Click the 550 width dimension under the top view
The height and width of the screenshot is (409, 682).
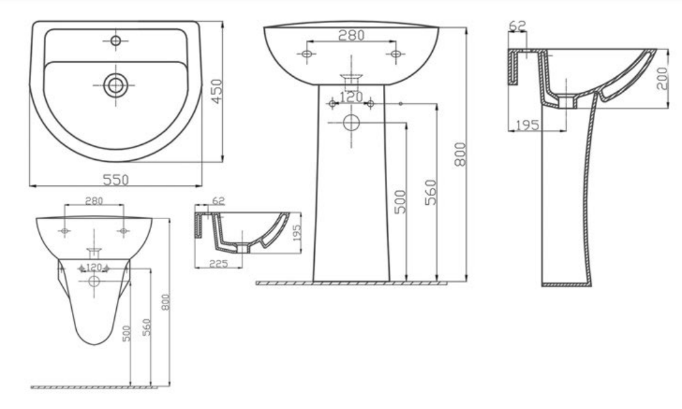(116, 179)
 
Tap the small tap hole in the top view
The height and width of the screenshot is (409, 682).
(115, 41)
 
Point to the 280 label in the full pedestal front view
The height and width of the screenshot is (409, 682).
(351, 36)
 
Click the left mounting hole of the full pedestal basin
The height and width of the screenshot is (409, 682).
(306, 55)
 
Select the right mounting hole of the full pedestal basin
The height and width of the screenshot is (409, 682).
(395, 55)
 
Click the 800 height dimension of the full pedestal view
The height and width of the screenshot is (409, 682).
(460, 153)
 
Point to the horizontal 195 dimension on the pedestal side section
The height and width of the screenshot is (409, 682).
(528, 125)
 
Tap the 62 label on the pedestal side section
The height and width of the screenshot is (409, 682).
(518, 26)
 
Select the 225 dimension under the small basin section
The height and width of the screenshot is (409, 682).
(218, 263)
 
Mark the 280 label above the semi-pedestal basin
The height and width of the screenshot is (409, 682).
(94, 201)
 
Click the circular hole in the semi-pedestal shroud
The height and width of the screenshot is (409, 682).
(94, 281)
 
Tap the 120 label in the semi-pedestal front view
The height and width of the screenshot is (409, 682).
(94, 267)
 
